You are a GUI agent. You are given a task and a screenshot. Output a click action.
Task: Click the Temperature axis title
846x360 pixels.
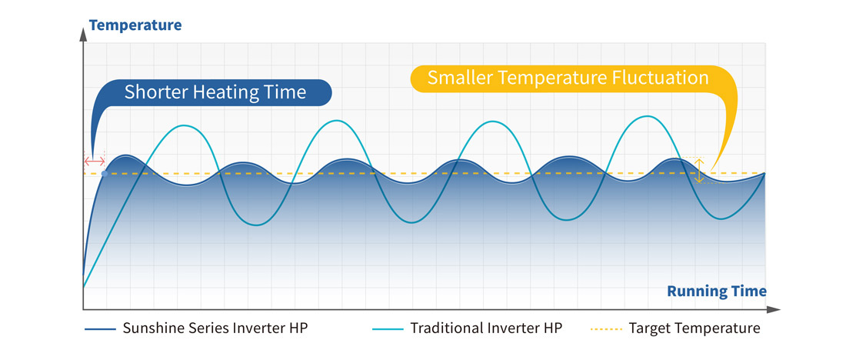[x=135, y=25]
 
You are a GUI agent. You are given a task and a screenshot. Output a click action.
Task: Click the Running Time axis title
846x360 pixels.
[x=717, y=292]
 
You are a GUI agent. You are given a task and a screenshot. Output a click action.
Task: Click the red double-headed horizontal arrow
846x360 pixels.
[x=95, y=161]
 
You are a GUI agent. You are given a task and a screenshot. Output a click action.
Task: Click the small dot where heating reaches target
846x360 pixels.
[x=105, y=173]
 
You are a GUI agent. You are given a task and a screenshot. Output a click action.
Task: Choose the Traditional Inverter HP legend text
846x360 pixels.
[x=486, y=328]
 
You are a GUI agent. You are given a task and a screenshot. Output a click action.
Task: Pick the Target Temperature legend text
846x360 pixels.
[x=694, y=328]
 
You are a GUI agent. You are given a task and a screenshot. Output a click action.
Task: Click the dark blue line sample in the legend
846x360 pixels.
[x=100, y=328]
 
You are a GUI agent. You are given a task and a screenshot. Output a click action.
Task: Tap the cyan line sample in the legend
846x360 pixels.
[x=388, y=328]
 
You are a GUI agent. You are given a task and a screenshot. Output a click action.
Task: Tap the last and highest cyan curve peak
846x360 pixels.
[x=647, y=116]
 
